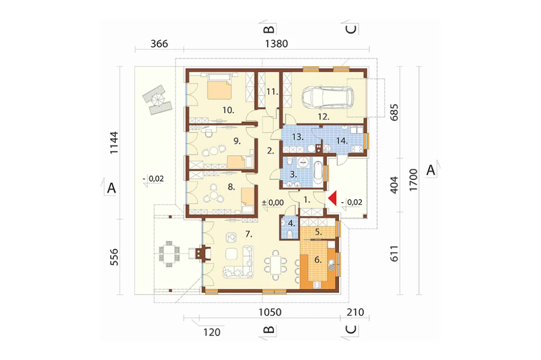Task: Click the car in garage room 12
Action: point(327,98)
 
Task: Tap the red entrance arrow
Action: point(332,199)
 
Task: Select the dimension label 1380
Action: point(276,44)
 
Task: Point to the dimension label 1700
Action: point(413,180)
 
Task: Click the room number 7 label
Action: point(249,235)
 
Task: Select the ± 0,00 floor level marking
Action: point(273,202)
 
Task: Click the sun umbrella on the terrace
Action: point(157,101)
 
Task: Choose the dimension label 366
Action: point(160,44)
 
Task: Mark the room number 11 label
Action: point(272,92)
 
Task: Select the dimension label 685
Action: point(394,112)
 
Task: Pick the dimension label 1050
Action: point(270,312)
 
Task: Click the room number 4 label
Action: point(292,223)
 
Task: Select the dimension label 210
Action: point(355,312)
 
